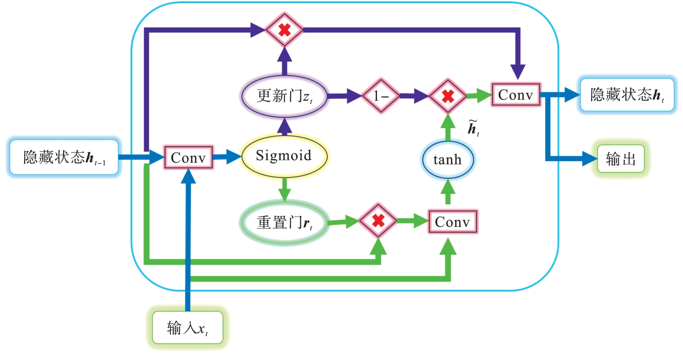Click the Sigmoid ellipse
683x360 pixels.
(x=284, y=156)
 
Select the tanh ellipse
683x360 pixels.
(x=448, y=160)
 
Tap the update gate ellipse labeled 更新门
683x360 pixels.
(x=285, y=96)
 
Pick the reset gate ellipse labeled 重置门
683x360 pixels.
(x=285, y=222)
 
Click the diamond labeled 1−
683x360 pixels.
(x=380, y=96)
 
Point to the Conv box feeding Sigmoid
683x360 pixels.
(x=188, y=157)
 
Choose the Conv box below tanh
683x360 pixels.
(x=452, y=222)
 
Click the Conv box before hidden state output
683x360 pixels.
(x=515, y=95)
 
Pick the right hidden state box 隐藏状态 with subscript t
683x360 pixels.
(x=626, y=95)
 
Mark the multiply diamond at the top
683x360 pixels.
(x=285, y=30)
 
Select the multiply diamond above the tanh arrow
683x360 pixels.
(x=447, y=96)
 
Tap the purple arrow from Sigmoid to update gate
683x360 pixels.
(x=284, y=125)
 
